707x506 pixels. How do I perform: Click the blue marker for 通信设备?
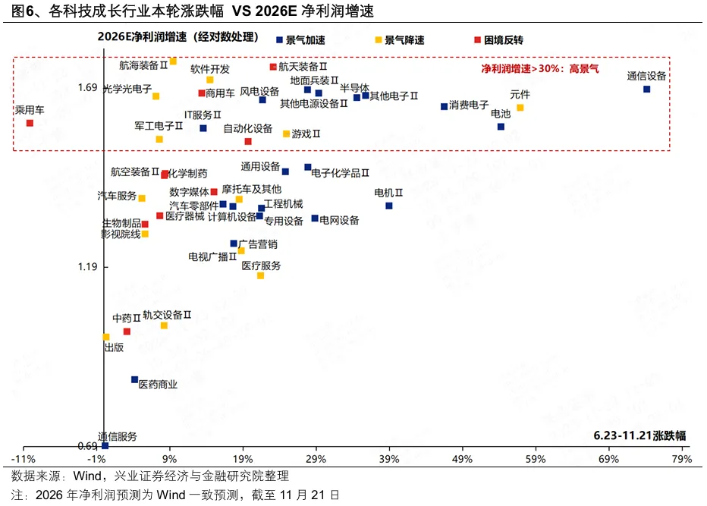646,89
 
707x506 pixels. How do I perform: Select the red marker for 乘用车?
30,123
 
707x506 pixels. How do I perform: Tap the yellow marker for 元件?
520,108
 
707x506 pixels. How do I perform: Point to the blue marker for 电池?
501,127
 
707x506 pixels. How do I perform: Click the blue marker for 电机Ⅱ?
389,206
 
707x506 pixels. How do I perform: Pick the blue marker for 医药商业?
134,379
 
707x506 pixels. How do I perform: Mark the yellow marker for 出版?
106,337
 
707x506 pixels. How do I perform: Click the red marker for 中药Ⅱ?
127,332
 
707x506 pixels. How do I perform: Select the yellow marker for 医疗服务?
260,275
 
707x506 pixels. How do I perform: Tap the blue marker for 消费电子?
444,106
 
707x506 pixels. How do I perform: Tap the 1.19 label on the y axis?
87,267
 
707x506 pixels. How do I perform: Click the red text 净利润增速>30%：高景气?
539,68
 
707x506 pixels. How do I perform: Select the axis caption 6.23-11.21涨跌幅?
639,435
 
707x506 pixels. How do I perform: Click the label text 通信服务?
118,436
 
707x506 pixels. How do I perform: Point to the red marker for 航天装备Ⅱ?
273,67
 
